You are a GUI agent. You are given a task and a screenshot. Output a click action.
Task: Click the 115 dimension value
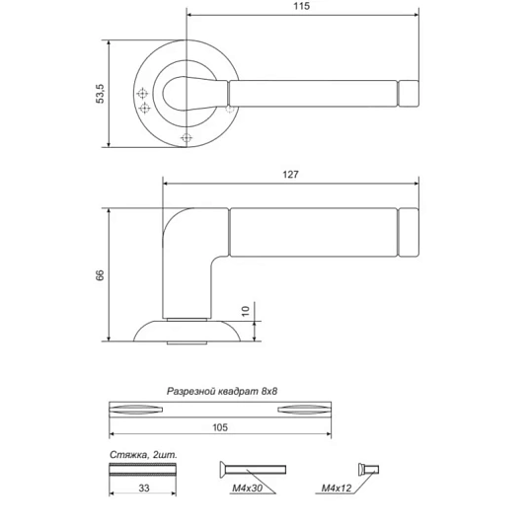pyautogui.click(x=301, y=7)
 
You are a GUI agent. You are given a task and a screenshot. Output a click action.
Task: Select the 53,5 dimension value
pyautogui.click(x=101, y=94)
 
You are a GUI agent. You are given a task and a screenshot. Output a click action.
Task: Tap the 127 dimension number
pyautogui.click(x=290, y=175)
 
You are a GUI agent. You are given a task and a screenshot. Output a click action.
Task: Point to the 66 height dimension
pyautogui.click(x=100, y=275)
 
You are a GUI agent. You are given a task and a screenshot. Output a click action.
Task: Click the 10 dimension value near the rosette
pyautogui.click(x=245, y=311)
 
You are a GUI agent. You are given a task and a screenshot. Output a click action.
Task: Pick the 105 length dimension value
pyautogui.click(x=220, y=427)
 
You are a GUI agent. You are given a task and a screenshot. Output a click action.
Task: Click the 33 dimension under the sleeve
pyautogui.click(x=144, y=488)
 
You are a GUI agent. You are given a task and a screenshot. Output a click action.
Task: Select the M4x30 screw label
pyautogui.click(x=247, y=488)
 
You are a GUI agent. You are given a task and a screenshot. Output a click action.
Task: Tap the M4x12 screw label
pyautogui.click(x=337, y=488)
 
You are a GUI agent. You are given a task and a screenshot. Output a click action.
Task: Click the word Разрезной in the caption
pyautogui.click(x=190, y=392)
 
